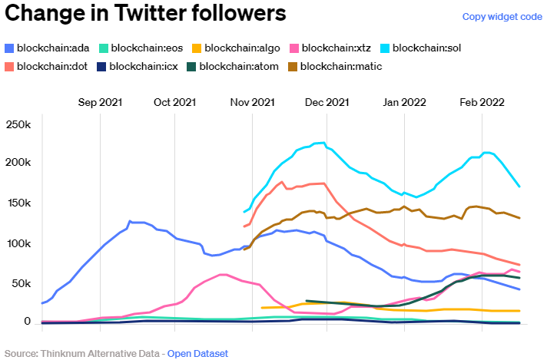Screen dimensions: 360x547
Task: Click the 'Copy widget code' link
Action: click(x=502, y=17)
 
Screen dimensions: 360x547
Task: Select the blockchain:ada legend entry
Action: click(x=50, y=48)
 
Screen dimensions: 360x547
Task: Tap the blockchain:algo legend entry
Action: click(x=241, y=48)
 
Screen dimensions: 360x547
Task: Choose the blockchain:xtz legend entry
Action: click(x=337, y=48)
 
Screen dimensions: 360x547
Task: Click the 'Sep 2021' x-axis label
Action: click(x=100, y=101)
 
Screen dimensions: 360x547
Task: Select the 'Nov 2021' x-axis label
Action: click(x=252, y=101)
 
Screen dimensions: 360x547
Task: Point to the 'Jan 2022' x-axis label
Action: click(x=404, y=101)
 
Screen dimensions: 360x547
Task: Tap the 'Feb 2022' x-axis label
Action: click(x=482, y=101)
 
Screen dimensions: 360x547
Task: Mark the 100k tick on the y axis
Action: click(x=18, y=243)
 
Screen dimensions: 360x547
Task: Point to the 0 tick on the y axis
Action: click(x=27, y=322)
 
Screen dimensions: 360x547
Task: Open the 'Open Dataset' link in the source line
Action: click(x=197, y=353)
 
